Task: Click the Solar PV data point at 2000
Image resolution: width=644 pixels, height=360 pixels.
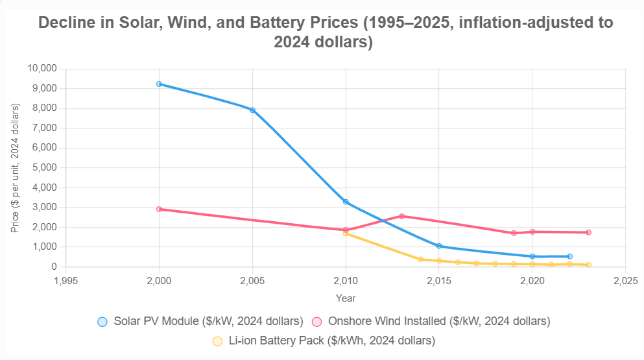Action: tap(159, 84)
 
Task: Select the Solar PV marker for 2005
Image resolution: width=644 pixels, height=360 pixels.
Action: tap(252, 110)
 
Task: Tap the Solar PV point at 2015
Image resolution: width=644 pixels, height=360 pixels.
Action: tap(439, 246)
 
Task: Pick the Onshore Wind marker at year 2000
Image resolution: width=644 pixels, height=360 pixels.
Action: tap(159, 209)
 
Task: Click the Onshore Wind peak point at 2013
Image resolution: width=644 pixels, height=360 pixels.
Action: tap(401, 216)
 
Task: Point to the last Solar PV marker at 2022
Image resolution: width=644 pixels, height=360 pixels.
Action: tap(569, 256)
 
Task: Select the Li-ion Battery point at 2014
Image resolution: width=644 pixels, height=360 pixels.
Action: tap(420, 259)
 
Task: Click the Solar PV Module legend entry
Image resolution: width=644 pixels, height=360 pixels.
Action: tap(200, 321)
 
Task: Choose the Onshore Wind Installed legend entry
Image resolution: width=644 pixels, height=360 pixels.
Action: tap(431, 321)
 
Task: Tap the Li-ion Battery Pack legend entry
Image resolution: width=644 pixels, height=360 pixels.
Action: tap(324, 341)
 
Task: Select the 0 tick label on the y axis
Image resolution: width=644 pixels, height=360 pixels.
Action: tap(54, 267)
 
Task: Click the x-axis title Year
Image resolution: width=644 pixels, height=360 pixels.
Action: tap(345, 298)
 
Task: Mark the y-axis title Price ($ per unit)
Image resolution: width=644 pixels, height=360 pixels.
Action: tap(15, 167)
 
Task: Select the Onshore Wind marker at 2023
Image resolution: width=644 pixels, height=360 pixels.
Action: tap(588, 232)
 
